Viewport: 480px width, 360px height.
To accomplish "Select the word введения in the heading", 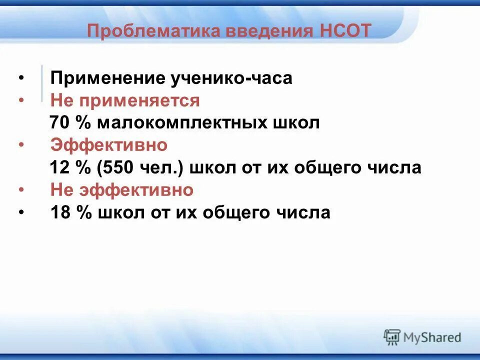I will [269, 31].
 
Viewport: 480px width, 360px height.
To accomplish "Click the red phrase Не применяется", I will [125, 100].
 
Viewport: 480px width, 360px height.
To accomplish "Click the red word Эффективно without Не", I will [108, 145].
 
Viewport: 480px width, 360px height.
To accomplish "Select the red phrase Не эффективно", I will [121, 190].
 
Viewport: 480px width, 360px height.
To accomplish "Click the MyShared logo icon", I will [392, 336].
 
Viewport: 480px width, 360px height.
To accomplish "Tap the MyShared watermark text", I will [432, 337].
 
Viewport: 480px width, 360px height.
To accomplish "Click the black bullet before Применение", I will [21, 79].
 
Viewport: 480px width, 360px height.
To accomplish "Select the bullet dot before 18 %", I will [21, 213].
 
